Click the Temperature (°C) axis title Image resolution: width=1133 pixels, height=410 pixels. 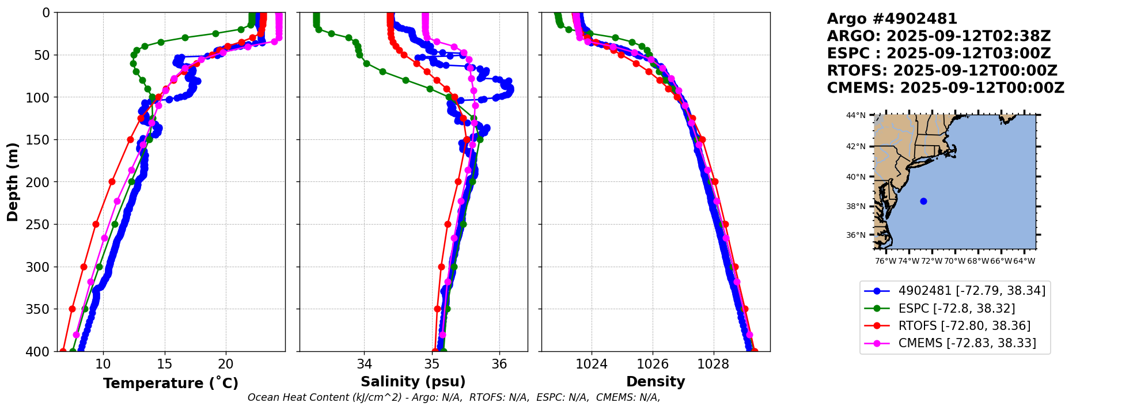(170, 384)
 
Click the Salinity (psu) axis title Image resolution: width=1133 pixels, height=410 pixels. (413, 382)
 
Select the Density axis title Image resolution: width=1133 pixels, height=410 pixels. (655, 382)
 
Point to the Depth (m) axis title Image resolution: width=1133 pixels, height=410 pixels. (13, 182)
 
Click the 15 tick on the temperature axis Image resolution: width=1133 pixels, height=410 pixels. (165, 364)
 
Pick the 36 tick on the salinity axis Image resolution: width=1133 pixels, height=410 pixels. (499, 364)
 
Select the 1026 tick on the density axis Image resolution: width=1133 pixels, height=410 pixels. (653, 364)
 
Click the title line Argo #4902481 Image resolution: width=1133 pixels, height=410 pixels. (892, 19)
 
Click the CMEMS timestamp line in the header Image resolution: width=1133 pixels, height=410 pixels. (945, 88)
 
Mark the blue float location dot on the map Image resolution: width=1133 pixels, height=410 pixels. (923, 201)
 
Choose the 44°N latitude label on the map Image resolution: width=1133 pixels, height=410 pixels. (855, 115)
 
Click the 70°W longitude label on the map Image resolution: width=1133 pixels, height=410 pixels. (954, 261)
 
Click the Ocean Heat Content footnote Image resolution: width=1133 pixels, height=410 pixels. (453, 397)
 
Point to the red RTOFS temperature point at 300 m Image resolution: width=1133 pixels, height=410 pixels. (84, 267)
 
